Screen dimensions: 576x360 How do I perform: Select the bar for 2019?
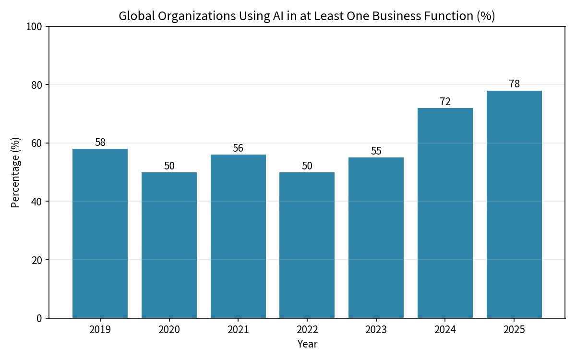(100, 233)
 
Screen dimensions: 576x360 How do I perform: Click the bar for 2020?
(169, 245)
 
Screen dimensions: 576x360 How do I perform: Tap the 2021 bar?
(238, 237)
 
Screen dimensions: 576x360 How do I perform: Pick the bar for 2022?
(307, 245)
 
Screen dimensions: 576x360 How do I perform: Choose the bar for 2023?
(376, 238)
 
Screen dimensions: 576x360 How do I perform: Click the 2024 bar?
(445, 213)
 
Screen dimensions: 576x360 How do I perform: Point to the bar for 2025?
(514, 204)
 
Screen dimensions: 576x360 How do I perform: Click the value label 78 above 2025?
(514, 84)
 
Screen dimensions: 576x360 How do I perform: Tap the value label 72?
(445, 102)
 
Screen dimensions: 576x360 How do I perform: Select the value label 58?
(100, 142)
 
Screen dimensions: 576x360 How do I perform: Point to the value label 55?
(376, 151)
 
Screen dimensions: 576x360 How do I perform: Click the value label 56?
(238, 148)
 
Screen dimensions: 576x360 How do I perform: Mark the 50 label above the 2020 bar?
(169, 166)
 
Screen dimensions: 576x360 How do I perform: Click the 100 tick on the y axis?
(34, 27)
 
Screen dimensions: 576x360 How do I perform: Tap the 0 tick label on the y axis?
(39, 319)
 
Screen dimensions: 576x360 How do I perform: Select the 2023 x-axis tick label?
(376, 330)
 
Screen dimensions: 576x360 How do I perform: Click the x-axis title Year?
(307, 344)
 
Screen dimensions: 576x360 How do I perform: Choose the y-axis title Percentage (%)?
(15, 172)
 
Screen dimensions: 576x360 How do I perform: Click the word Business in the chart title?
(396, 16)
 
